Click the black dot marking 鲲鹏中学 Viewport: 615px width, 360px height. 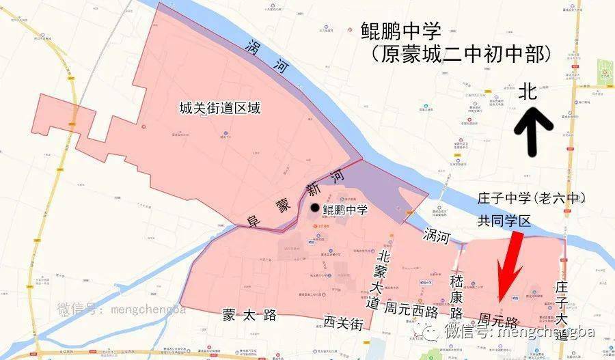coord(314,208)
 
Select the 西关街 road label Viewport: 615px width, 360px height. coord(342,321)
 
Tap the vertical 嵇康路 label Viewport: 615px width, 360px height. coord(456,296)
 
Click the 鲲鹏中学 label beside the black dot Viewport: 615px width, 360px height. coord(345,210)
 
